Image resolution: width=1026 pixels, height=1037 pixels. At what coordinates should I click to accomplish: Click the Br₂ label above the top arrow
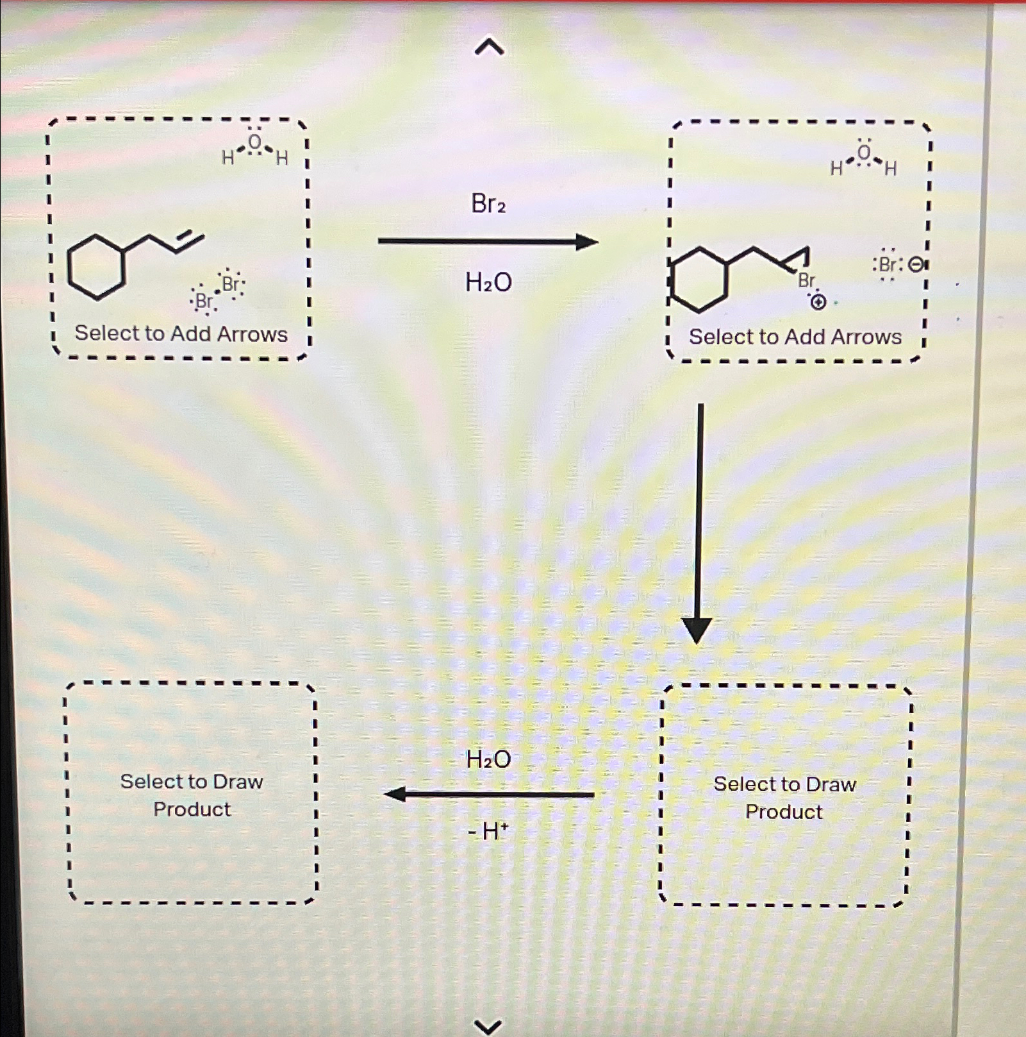click(x=488, y=204)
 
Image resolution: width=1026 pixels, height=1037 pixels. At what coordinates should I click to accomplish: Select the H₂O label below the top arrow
click(x=488, y=282)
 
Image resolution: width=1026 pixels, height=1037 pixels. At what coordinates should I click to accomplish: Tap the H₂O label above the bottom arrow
click(x=488, y=759)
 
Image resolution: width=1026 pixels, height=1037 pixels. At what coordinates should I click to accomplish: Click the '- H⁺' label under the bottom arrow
click(x=488, y=832)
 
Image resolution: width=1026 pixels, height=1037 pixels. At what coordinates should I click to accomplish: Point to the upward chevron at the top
click(x=489, y=47)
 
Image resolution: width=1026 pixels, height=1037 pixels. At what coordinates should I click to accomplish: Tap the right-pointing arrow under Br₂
click(x=487, y=242)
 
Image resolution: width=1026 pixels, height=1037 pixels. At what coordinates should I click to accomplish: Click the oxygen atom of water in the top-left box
click(x=255, y=142)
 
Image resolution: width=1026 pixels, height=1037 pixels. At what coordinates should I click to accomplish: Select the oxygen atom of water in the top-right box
click(x=864, y=153)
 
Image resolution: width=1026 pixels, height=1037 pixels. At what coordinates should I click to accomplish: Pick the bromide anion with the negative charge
click(x=889, y=265)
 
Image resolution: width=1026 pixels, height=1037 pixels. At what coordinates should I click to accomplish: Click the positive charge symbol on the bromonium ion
click(x=818, y=301)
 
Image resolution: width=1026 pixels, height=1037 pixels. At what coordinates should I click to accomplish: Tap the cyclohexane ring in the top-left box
click(x=96, y=267)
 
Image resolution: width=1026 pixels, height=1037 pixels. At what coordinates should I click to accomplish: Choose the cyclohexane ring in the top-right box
click(x=699, y=280)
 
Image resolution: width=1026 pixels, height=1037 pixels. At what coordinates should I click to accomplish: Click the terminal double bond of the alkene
click(x=190, y=242)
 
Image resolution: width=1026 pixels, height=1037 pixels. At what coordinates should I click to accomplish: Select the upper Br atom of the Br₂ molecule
click(x=231, y=284)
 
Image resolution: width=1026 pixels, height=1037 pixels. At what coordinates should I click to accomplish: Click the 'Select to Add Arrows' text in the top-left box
click(x=181, y=333)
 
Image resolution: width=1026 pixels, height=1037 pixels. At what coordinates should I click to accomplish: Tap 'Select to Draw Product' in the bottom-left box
click(x=192, y=795)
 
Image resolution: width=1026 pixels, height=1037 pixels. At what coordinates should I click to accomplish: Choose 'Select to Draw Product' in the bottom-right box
click(x=784, y=798)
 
